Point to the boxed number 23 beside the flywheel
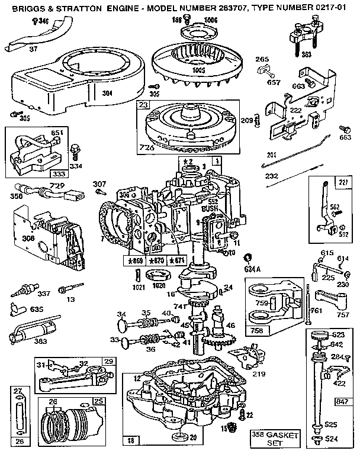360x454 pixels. click(x=144, y=104)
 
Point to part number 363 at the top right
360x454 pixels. click(x=306, y=54)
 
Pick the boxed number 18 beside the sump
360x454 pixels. click(x=130, y=439)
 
